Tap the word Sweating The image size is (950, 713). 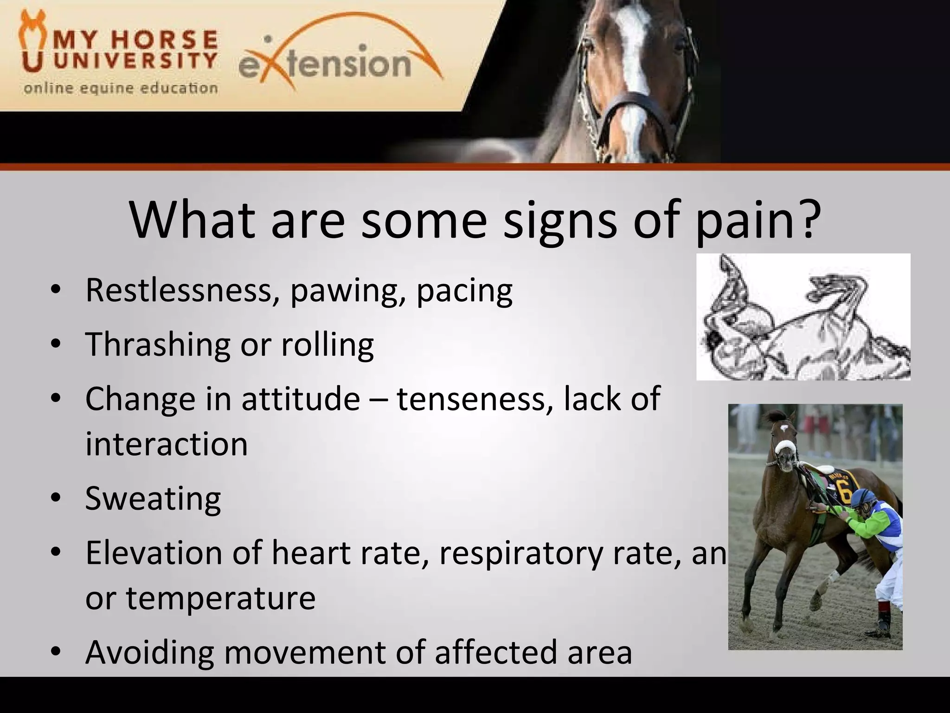(153, 499)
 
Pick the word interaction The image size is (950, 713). (167, 444)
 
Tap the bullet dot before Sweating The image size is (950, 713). (56, 499)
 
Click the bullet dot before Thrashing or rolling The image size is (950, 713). (56, 344)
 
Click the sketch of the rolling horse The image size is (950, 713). (803, 317)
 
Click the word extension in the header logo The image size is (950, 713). (325, 64)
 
